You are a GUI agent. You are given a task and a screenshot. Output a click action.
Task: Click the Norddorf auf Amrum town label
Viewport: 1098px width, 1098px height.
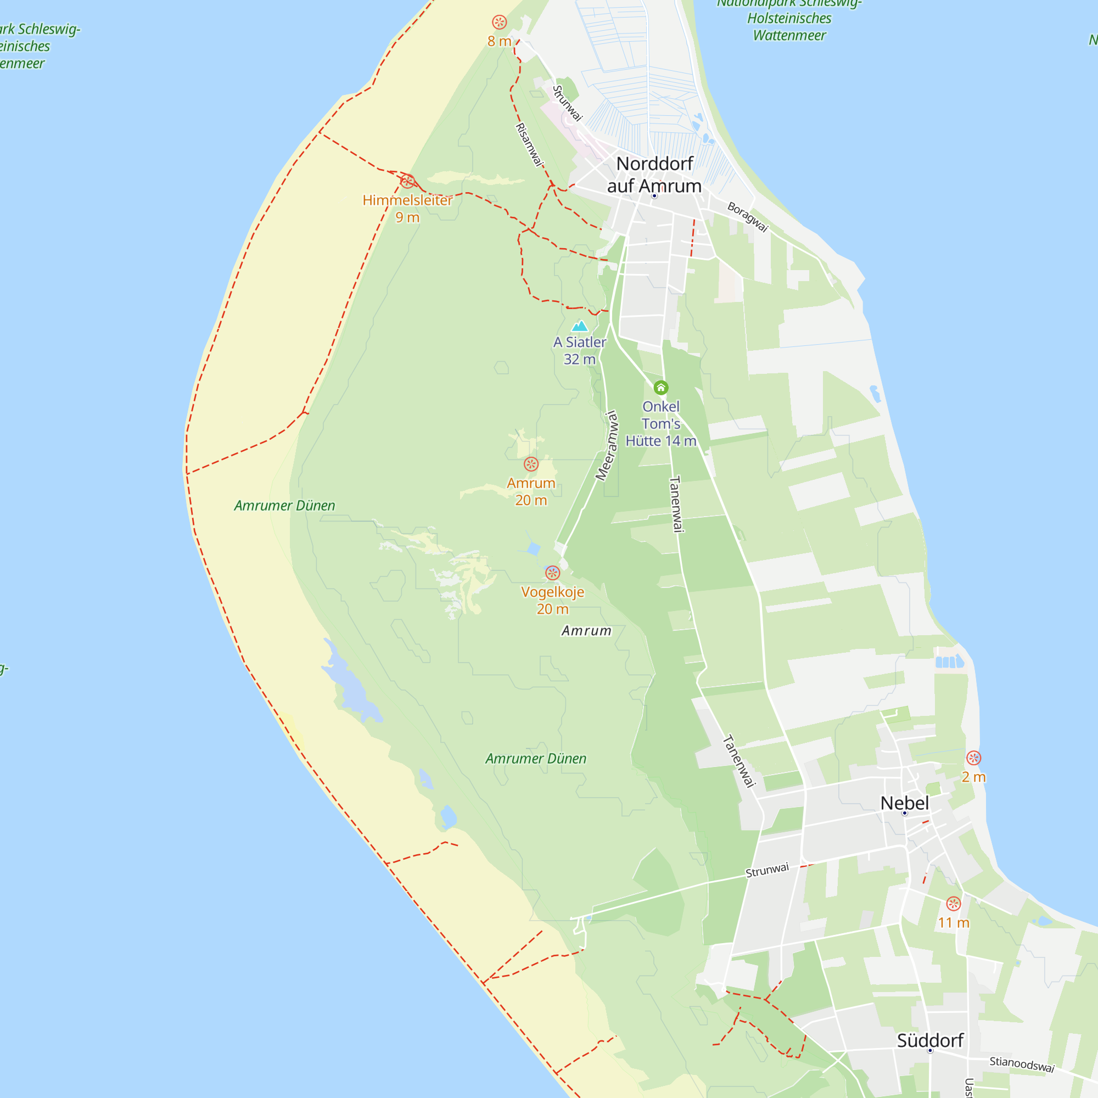click(654, 175)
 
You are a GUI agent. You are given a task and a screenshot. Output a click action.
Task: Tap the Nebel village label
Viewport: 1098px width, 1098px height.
click(904, 803)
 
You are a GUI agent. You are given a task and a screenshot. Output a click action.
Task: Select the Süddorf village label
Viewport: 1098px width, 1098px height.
click(930, 1040)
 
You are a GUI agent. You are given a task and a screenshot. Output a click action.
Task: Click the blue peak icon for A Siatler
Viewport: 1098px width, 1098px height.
click(579, 326)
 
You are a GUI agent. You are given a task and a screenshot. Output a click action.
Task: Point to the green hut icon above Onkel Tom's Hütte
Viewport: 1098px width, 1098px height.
click(660, 388)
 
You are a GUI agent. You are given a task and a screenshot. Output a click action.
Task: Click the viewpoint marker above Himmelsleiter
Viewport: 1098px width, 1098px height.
click(407, 181)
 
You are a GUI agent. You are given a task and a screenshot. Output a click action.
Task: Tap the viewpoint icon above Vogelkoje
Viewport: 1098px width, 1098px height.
click(552, 573)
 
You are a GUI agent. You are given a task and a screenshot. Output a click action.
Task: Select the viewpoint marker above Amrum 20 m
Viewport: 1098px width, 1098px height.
click(531, 464)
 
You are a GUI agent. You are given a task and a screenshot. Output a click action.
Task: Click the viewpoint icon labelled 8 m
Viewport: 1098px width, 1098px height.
click(499, 22)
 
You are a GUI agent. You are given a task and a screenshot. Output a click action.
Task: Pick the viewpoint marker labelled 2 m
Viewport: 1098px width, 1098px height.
click(973, 758)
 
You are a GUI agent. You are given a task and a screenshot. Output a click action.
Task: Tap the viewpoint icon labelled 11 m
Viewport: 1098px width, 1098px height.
click(954, 904)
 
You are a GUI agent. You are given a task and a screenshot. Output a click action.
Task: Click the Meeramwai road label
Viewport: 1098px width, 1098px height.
click(607, 446)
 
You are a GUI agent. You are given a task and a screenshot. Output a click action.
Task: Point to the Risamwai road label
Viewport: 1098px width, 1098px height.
click(529, 145)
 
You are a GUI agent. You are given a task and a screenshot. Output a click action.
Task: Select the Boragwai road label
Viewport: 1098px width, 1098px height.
click(748, 217)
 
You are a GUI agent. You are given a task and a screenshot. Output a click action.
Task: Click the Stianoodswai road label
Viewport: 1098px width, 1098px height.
click(1022, 1064)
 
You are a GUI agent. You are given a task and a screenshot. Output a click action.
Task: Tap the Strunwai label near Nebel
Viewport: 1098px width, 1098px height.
click(768, 870)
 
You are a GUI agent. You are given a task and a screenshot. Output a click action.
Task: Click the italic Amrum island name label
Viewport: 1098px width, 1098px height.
click(586, 631)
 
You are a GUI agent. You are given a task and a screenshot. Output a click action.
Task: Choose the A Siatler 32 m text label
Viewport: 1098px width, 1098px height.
click(580, 350)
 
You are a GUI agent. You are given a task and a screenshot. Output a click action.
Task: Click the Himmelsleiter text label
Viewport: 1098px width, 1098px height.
click(407, 200)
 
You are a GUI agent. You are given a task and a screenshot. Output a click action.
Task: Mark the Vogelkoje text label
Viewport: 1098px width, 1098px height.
click(552, 592)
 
